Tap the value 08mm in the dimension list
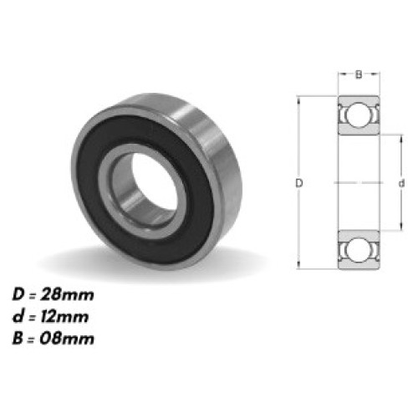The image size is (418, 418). click(x=72, y=338)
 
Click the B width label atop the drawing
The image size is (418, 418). click(x=358, y=74)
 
